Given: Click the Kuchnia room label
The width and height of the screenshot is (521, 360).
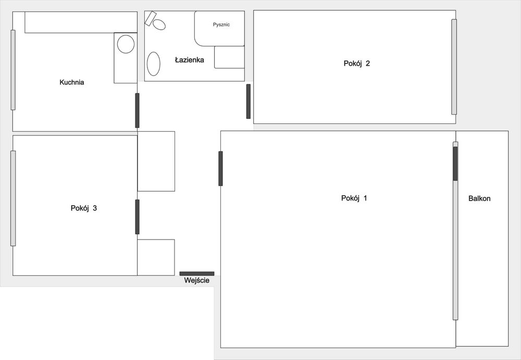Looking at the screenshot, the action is click(72, 82).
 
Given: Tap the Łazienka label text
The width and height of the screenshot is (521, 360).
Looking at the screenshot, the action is click(190, 60).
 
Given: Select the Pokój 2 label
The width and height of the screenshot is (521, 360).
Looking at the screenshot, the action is click(356, 64).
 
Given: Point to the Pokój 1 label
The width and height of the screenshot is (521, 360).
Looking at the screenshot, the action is click(354, 198).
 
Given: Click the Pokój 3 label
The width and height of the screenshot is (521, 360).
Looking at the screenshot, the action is click(84, 208).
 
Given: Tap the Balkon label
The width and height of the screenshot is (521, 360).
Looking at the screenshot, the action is click(479, 198).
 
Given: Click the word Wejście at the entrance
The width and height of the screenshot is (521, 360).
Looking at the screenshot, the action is click(197, 281).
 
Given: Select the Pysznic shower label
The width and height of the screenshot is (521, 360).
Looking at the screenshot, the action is click(221, 24).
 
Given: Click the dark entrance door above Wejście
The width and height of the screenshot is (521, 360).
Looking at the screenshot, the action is click(197, 274).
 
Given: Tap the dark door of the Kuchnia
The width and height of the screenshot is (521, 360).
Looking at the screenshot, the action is click(137, 110).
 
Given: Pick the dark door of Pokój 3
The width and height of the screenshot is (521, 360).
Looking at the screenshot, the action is click(137, 217).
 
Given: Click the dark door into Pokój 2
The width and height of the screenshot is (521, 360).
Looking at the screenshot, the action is click(248, 102).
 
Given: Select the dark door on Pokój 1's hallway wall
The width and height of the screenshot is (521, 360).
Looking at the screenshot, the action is click(220, 168).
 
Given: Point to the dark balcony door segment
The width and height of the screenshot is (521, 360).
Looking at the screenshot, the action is click(455, 164).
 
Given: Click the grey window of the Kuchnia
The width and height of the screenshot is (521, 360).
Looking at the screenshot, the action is click(13, 70).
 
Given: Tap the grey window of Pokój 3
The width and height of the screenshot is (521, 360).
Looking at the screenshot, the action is click(13, 198).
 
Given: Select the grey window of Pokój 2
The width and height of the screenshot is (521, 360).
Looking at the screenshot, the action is click(454, 67).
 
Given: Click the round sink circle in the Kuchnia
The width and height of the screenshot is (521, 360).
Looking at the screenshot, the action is click(126, 44).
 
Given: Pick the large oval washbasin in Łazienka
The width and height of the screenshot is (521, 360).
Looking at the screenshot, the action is click(154, 64).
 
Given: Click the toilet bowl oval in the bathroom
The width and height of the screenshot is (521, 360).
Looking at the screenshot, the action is click(159, 24).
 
